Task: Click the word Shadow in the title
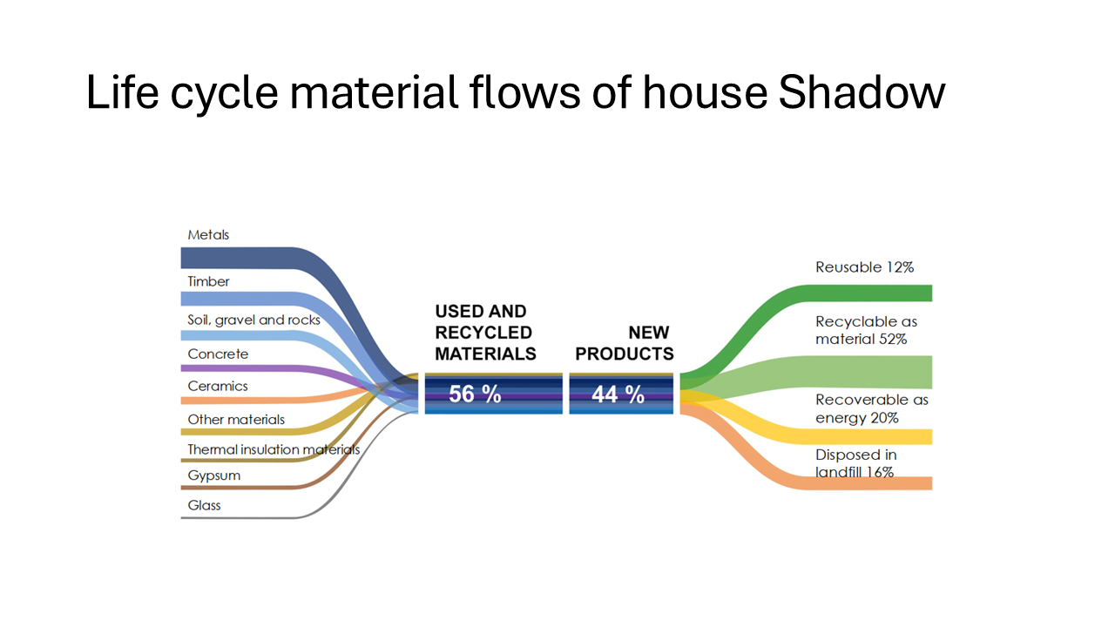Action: click(x=862, y=92)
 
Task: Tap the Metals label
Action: click(x=208, y=235)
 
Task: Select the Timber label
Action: click(x=208, y=281)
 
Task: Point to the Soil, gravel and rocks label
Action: click(x=253, y=320)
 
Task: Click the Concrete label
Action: click(x=218, y=354)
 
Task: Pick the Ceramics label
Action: click(x=218, y=386)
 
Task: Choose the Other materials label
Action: click(x=236, y=420)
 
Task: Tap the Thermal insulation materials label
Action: click(x=274, y=450)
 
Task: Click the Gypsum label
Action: click(x=213, y=475)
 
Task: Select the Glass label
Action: click(x=204, y=506)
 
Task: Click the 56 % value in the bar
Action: click(x=475, y=394)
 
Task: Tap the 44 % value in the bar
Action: click(x=618, y=394)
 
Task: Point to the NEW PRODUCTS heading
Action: click(x=625, y=343)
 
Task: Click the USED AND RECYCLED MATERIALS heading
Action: click(x=485, y=333)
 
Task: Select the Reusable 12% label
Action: click(x=864, y=267)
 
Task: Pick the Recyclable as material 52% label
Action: click(x=866, y=330)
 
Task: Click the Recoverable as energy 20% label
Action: click(x=872, y=408)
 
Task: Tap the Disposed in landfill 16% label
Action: click(x=855, y=463)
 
